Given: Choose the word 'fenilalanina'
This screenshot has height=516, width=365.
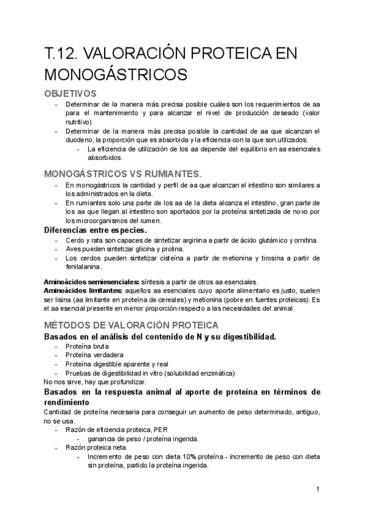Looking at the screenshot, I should tap(83, 267).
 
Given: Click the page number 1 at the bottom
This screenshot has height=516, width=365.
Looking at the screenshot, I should tap(318, 489).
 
